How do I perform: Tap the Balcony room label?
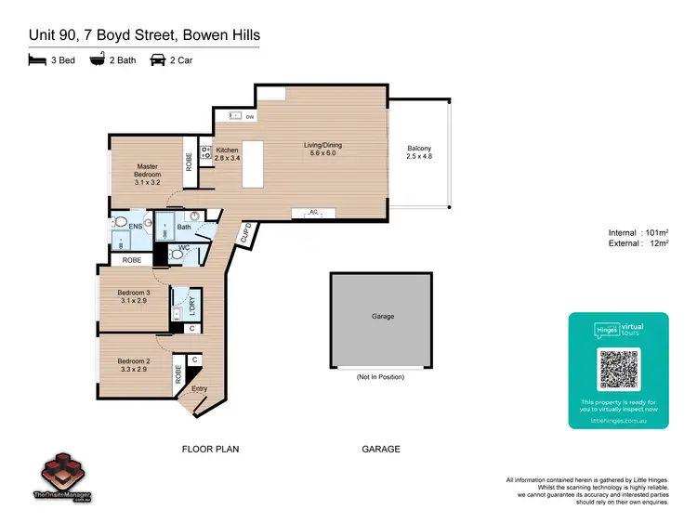point(419,153)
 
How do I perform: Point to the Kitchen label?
point(228,154)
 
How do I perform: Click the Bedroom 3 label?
point(133,297)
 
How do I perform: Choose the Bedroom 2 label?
point(133,364)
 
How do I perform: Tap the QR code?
point(618,370)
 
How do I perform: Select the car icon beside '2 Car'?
point(158,62)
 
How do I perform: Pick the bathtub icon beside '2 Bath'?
point(98,62)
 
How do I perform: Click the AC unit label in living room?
point(313,212)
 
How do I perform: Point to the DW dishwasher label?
point(250,117)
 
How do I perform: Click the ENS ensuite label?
point(135,226)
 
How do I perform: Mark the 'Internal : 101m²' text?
point(639,232)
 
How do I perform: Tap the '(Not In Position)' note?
point(382,377)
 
